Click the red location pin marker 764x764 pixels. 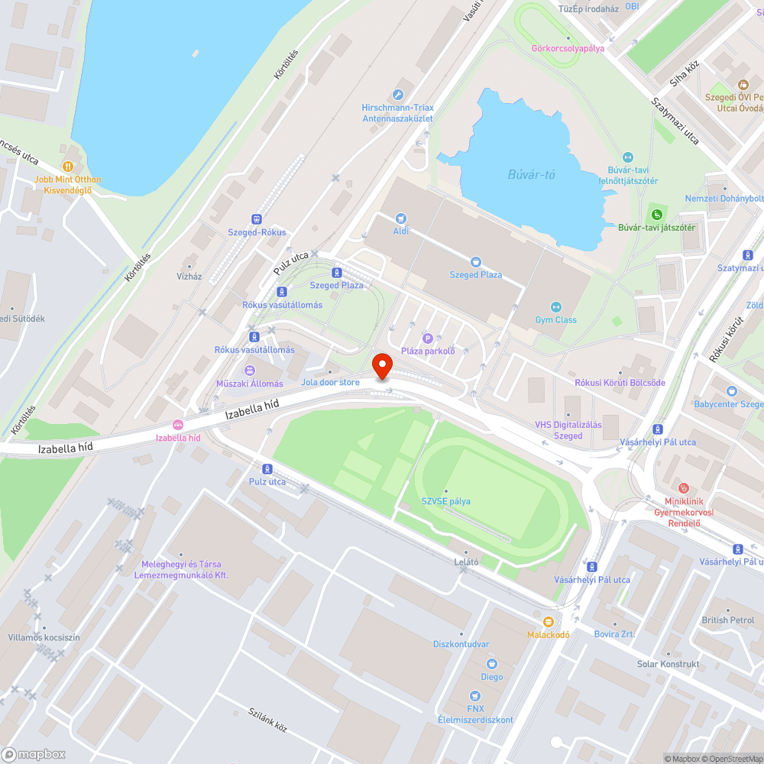(x=382, y=366)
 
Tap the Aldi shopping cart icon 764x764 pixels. (x=401, y=219)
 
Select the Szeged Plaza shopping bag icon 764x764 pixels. (x=475, y=262)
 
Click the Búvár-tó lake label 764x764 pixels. (x=532, y=175)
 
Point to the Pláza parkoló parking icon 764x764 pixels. (x=427, y=338)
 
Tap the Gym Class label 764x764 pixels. (x=555, y=320)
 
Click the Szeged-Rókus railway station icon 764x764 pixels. (x=257, y=219)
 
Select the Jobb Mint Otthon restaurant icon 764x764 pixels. (x=68, y=166)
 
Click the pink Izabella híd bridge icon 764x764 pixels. (x=178, y=425)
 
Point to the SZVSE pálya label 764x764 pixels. (x=446, y=501)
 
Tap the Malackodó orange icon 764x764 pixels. (x=549, y=622)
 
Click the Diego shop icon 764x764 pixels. (x=491, y=664)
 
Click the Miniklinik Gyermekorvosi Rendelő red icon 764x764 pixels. (x=684, y=487)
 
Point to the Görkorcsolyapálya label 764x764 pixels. (x=568, y=48)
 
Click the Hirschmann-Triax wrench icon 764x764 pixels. (x=397, y=95)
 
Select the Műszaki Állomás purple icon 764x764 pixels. (x=249, y=371)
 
